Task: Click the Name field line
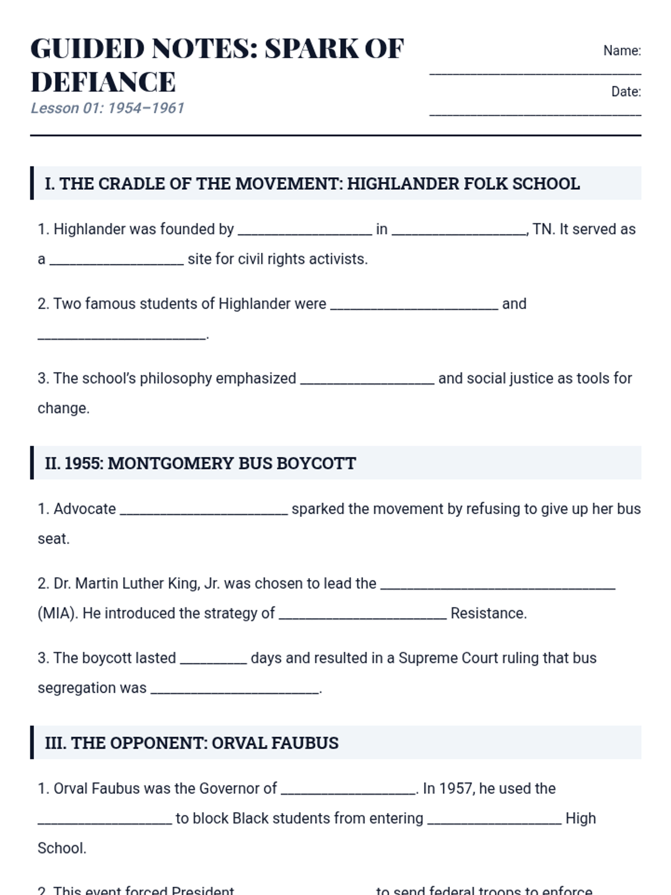pyautogui.click(x=535, y=72)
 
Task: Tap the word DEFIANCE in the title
pyautogui.click(x=103, y=82)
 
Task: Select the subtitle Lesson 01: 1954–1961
pyautogui.click(x=107, y=108)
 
